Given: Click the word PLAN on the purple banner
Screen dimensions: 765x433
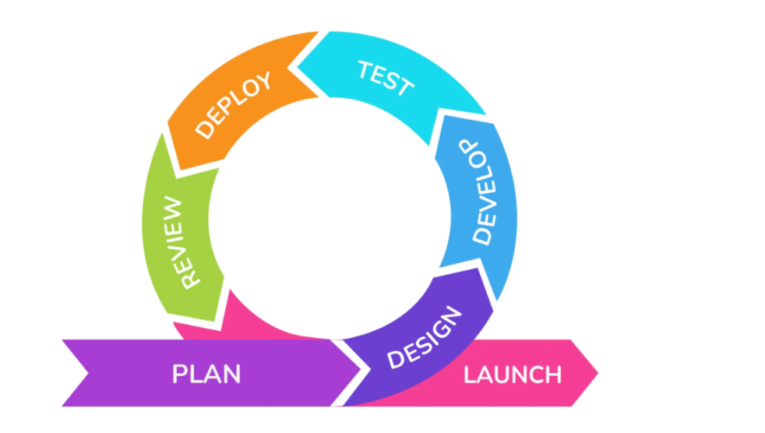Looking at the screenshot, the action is [206, 375].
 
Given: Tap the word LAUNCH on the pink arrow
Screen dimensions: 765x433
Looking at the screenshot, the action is [513, 375].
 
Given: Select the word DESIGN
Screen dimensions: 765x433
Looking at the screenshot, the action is [424, 338].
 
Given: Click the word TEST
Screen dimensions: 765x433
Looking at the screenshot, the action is [386, 78].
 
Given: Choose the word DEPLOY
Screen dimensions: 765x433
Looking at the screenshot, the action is [233, 105].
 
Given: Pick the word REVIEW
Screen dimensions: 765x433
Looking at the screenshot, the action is [179, 242].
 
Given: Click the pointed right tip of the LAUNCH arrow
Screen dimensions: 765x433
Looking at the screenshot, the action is [598, 373].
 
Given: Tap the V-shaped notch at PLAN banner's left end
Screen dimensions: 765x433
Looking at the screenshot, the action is [89, 373].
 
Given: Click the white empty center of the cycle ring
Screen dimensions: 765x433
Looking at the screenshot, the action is [330, 218].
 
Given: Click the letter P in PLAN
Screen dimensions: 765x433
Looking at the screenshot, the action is [181, 375].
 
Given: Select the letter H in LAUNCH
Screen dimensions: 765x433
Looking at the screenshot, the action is [553, 375].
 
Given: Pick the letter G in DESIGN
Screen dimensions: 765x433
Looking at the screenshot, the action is [435, 331].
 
